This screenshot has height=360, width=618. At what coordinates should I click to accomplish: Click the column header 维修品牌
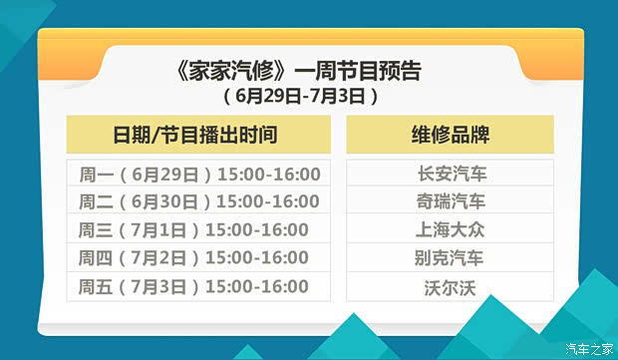point(450,136)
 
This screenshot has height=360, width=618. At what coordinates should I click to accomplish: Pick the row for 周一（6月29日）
point(199,174)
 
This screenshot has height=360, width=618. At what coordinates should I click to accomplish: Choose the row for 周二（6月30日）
point(199,201)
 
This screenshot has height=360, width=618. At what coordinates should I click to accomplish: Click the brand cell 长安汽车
point(451,174)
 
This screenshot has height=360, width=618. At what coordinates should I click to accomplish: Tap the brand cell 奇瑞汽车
point(451,201)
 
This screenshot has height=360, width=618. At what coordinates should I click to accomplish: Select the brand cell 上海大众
point(451,230)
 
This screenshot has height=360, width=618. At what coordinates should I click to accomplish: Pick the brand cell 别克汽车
point(451,258)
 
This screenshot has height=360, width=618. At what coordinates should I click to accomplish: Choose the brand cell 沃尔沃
point(451,287)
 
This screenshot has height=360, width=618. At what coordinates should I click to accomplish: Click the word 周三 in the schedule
point(95,230)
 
